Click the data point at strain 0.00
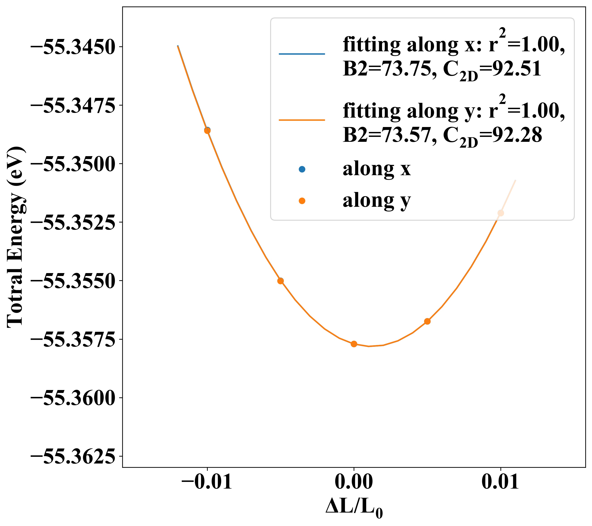click(x=354, y=344)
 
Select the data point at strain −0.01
click(x=207, y=130)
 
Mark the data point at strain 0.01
click(x=500, y=213)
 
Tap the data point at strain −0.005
click(x=280, y=281)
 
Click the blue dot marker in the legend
click(x=302, y=169)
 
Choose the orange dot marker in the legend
click(x=302, y=201)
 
